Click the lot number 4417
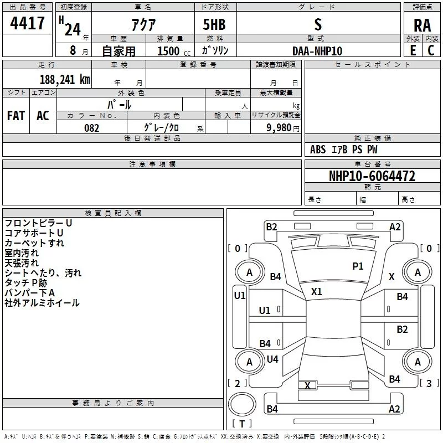point(27,23)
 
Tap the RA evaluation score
point(422,25)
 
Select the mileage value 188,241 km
point(65,79)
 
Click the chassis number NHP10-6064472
point(372,176)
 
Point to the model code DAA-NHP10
point(317,51)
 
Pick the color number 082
point(91,128)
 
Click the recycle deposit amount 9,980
point(279,128)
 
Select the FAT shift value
point(16,116)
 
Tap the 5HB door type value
point(214,24)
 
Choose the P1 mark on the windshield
point(358,266)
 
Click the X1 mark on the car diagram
point(316,291)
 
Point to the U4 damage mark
point(272,359)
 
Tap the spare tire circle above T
point(242,404)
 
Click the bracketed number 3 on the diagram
point(429,383)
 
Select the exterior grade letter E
point(413,50)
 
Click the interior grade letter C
point(431,50)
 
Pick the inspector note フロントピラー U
point(38,223)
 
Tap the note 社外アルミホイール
point(42,303)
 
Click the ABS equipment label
point(318,150)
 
